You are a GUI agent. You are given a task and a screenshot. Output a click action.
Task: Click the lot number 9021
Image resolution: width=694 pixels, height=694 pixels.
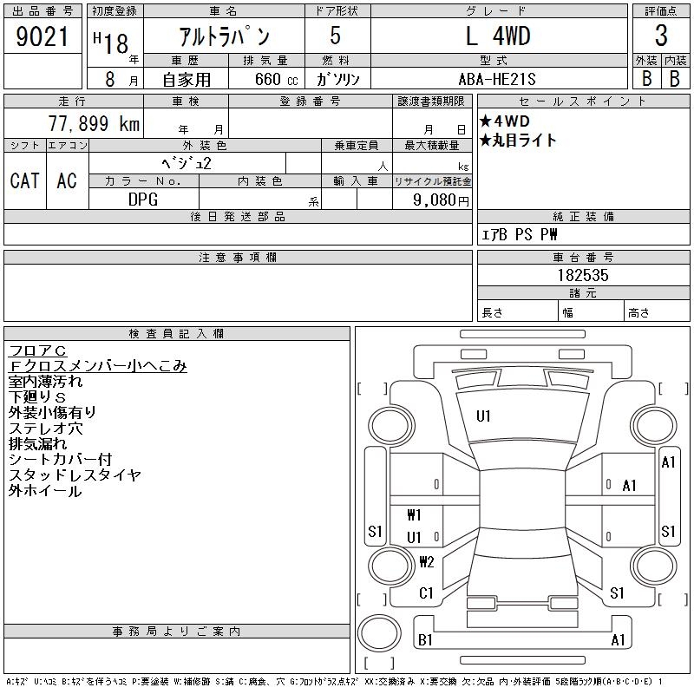coord(43,36)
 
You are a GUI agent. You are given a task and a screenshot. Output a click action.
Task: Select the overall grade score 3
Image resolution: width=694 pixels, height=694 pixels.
coord(660,36)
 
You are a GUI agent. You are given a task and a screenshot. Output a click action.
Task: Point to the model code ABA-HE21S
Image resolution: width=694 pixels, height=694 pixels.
coord(499,78)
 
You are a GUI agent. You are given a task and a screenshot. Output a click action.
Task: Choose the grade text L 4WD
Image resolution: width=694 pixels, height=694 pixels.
coord(498,36)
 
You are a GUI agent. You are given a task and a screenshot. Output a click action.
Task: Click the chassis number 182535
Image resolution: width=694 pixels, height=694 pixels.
coord(583,275)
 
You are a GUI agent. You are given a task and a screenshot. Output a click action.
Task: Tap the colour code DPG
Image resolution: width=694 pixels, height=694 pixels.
coord(143,200)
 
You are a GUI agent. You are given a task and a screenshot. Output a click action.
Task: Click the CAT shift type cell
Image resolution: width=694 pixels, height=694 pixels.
coord(24,180)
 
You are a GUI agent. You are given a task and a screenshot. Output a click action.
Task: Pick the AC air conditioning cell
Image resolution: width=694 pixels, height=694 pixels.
coord(67,180)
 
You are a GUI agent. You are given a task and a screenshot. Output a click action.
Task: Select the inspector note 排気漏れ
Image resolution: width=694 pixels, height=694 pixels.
coord(38,444)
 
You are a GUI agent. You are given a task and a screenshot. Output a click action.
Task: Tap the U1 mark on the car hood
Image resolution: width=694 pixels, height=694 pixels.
coord(483,416)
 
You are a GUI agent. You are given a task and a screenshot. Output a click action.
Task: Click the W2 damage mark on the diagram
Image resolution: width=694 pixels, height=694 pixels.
coord(426,561)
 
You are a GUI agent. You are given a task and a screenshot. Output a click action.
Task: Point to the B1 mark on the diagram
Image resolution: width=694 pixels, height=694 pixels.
coord(425,640)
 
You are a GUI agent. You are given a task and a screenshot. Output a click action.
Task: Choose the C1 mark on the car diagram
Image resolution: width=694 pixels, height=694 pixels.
coord(425,593)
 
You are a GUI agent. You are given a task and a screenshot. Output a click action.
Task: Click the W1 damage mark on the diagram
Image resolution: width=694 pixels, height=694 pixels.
coord(414,515)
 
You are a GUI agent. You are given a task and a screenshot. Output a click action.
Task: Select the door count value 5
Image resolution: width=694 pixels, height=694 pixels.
coord(336,36)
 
